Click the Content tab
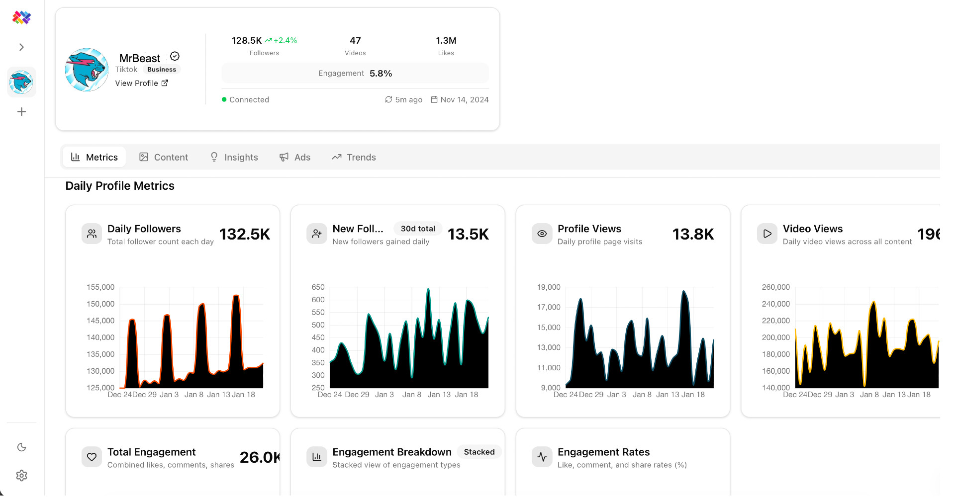(164, 157)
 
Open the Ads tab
(295, 157)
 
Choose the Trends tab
(354, 157)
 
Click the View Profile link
(142, 83)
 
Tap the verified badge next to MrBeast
(175, 56)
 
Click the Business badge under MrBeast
(162, 70)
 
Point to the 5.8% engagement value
(381, 74)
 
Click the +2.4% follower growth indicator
(281, 40)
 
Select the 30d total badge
(418, 229)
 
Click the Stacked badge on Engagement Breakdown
(479, 452)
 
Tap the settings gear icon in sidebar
(21, 476)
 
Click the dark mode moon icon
(21, 447)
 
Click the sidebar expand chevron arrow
(21, 47)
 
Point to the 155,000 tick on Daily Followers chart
(100, 287)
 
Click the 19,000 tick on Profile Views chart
(549, 287)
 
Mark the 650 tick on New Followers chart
(318, 287)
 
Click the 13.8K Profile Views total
(693, 234)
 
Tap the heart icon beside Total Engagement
(92, 457)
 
